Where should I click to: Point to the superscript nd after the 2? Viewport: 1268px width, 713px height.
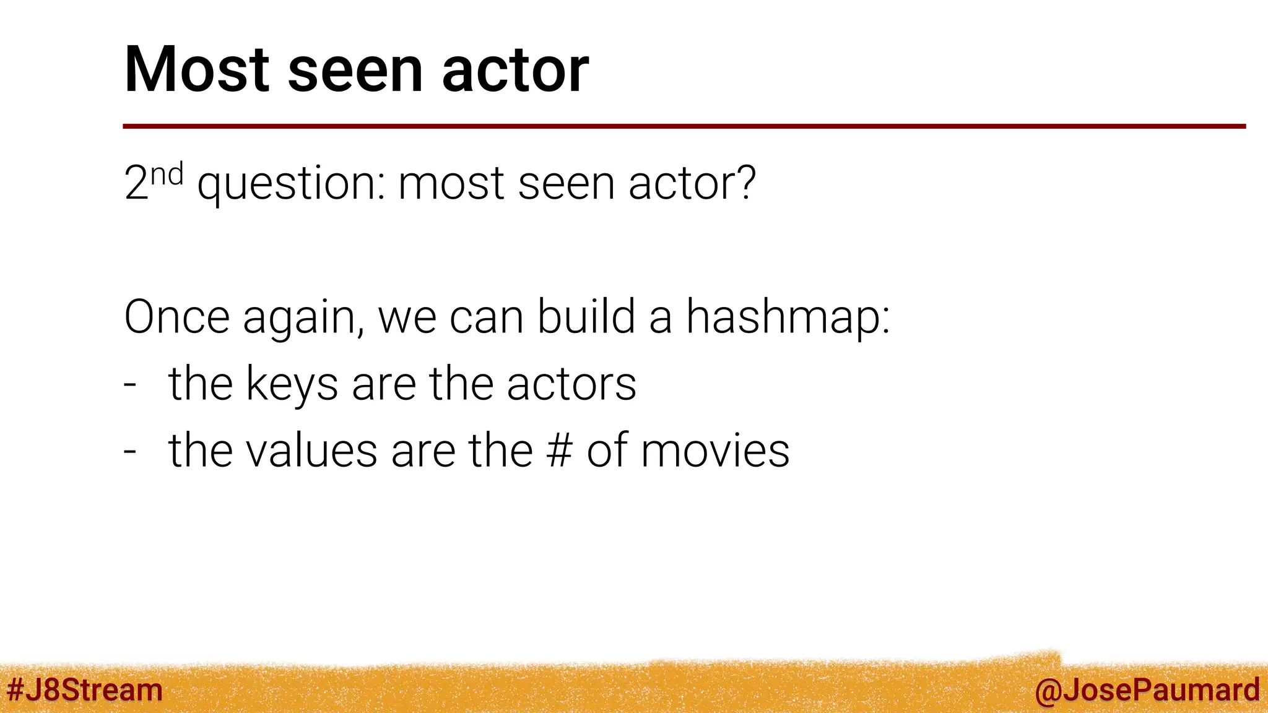point(167,175)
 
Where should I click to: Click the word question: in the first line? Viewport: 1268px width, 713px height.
point(290,184)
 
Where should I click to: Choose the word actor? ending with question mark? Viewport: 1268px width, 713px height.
point(692,183)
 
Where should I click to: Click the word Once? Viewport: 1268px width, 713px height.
point(177,317)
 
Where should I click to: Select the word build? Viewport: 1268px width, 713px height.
point(586,317)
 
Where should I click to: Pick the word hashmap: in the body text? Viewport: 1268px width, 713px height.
point(788,318)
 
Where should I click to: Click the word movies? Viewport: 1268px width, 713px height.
point(715,451)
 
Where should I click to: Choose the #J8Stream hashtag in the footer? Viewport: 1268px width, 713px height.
point(85,690)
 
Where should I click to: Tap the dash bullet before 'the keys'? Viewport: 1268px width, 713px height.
point(130,384)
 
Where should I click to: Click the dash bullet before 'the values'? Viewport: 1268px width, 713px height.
point(130,451)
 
